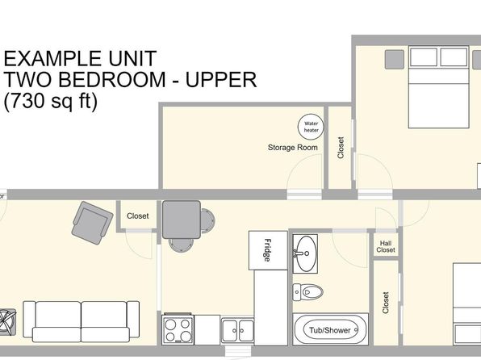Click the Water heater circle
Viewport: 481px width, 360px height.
point(311,127)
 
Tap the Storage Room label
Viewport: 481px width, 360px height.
point(293,148)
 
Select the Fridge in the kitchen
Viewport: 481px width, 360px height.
point(268,250)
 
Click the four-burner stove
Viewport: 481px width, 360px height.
point(178,329)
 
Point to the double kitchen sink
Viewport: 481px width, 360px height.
point(238,330)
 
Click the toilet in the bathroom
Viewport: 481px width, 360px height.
point(307,292)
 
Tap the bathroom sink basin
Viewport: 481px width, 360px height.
point(305,253)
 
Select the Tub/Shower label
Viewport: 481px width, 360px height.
point(330,330)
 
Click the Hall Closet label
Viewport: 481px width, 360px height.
point(386,247)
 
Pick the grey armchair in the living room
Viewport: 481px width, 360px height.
point(92,223)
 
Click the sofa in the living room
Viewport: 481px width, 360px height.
point(81,321)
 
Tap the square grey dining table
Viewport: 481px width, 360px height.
point(182,220)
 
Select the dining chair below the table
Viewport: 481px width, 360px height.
point(181,245)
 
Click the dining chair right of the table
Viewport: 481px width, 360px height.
point(207,220)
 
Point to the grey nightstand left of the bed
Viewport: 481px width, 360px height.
point(395,60)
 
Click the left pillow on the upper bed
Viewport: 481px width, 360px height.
point(424,57)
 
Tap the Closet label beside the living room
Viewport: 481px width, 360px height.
point(138,216)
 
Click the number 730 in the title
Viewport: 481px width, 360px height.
point(28,100)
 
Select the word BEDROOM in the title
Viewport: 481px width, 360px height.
point(112,79)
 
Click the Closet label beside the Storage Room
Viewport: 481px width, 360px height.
point(341,148)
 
